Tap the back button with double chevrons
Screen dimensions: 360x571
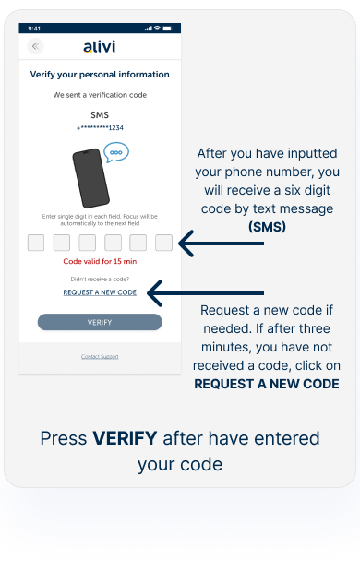tap(35, 46)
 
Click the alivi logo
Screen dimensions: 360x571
tap(100, 46)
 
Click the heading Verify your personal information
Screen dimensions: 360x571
tap(100, 75)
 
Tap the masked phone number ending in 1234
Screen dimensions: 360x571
tap(100, 128)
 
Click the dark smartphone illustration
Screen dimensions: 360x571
tap(90, 178)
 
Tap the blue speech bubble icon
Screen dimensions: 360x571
tap(116, 152)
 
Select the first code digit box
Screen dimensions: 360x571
tap(36, 243)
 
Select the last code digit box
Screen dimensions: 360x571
tap(163, 243)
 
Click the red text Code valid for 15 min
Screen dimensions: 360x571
tap(100, 261)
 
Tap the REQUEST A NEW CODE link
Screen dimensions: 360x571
tap(100, 292)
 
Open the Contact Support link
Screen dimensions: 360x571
tap(100, 356)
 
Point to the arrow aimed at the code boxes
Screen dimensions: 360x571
tap(222, 244)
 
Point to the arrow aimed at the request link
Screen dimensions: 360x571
tap(206, 293)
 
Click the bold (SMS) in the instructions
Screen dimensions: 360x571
tap(267, 227)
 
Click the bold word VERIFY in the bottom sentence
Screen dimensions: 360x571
tap(125, 438)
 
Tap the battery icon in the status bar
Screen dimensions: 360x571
tap(167, 28)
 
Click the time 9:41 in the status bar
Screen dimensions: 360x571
tap(34, 29)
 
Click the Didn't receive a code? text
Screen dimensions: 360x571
tap(100, 280)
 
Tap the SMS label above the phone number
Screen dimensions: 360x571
tap(100, 115)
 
